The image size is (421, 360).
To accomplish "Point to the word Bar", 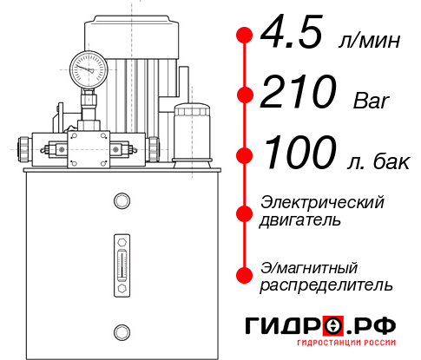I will click(x=372, y=101).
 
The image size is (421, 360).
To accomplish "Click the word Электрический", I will click(x=322, y=202).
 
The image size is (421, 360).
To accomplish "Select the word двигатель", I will click(x=300, y=220).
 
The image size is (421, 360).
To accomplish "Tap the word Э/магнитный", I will click(x=309, y=266).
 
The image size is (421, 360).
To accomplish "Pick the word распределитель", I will click(x=326, y=285).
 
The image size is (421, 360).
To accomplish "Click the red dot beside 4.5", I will click(x=245, y=36).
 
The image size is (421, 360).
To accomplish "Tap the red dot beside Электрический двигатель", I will click(x=245, y=212).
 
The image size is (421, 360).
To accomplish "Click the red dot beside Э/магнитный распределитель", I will click(x=245, y=275).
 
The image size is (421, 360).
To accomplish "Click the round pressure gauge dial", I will click(x=89, y=69).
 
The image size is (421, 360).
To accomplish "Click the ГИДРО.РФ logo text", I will click(x=320, y=327).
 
